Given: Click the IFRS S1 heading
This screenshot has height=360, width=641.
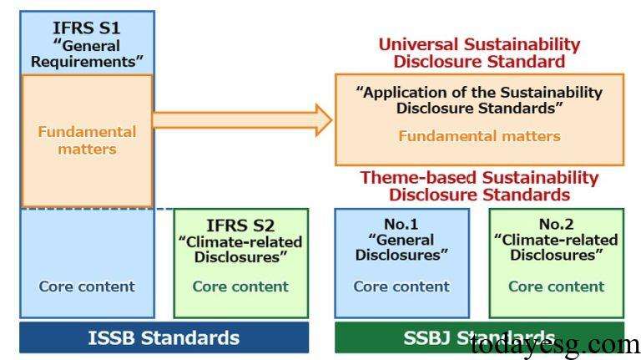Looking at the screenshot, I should [86, 28].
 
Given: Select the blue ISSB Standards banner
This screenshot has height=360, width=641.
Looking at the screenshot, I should [164, 337].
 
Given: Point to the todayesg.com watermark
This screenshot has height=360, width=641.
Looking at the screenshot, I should [554, 342].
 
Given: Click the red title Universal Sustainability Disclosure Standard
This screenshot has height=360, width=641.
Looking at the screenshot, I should [479, 53].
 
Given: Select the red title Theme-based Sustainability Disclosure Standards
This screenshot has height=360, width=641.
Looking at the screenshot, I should [479, 185].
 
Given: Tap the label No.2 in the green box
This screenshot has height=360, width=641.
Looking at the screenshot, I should [556, 224].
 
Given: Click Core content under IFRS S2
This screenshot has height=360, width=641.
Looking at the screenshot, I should [240, 286].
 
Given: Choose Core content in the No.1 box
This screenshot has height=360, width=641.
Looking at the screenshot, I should [401, 286].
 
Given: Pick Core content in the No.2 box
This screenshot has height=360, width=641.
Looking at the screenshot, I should [556, 286].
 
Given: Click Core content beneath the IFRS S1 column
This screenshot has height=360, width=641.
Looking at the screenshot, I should [87, 286].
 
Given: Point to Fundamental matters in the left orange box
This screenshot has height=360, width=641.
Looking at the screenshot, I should [87, 140].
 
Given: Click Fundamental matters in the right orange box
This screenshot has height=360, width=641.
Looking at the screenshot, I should [479, 135].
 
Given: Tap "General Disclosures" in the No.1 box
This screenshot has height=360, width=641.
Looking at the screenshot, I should [401, 247].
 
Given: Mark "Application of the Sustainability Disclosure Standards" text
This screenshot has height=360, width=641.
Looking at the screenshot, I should [479, 100].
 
